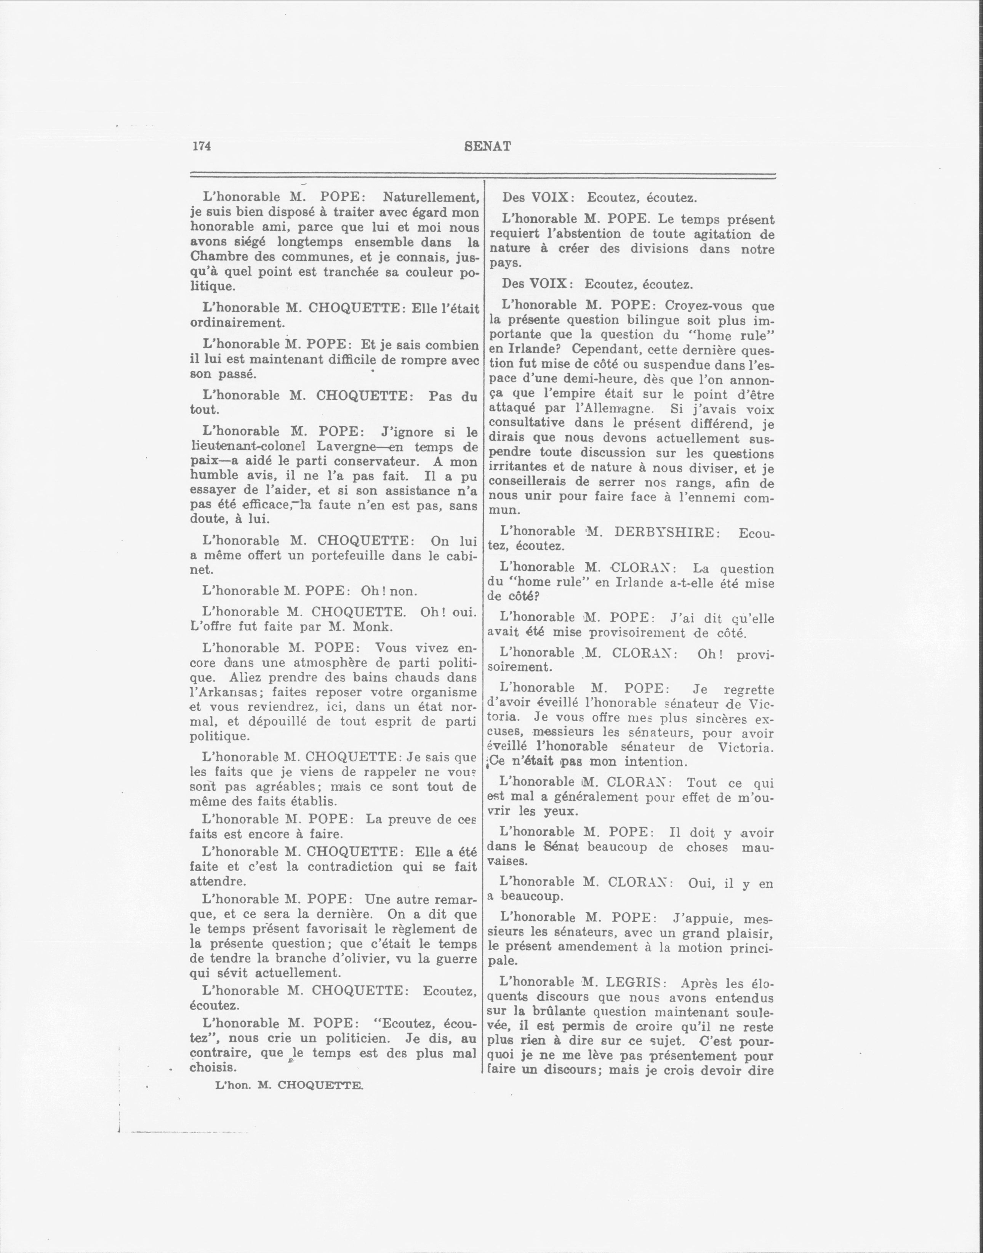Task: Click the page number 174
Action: point(202,146)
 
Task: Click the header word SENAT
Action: point(487,146)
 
